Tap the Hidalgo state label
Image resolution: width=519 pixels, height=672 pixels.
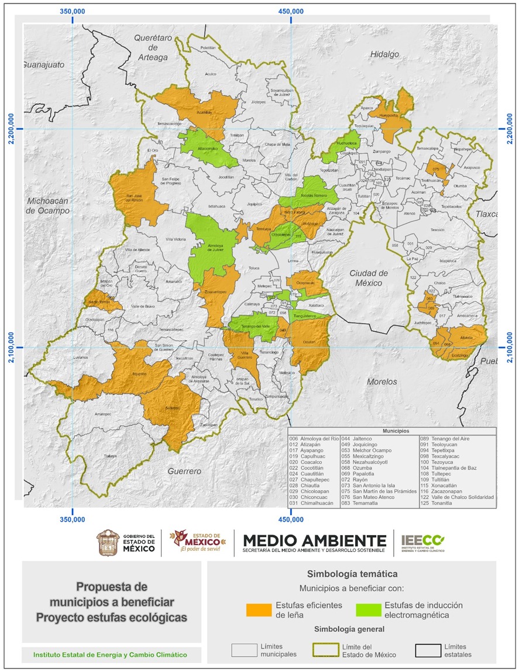(384, 54)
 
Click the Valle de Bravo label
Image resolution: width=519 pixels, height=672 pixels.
(142, 307)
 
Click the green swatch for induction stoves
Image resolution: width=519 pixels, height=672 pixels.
(367, 609)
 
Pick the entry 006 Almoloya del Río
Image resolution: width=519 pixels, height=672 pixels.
(314, 438)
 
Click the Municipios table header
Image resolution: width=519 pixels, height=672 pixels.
(391, 430)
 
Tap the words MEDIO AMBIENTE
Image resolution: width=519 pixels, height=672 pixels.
(314, 540)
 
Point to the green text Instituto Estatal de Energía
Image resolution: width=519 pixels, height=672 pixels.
(111, 654)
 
